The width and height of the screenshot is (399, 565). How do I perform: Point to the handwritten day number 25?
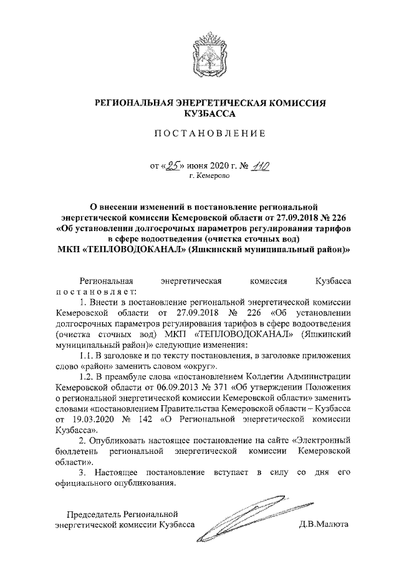170,165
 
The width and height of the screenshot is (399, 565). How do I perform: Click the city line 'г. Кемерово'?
209,176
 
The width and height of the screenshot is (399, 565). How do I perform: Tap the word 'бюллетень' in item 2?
75,451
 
